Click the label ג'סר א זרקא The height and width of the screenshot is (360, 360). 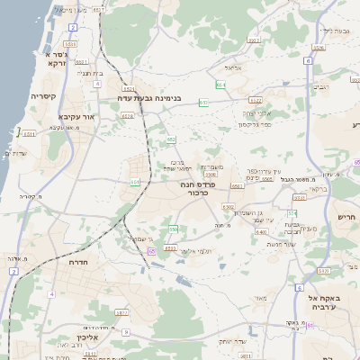point(52,58)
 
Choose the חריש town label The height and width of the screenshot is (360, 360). point(346,216)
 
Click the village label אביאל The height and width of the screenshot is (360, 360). point(232,68)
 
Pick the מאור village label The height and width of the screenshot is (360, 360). point(261,298)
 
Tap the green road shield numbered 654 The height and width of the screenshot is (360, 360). point(220,85)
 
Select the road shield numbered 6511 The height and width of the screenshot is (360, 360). point(30,134)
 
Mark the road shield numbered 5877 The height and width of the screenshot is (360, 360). point(122,312)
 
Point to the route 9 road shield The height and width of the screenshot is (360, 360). point(126,333)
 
